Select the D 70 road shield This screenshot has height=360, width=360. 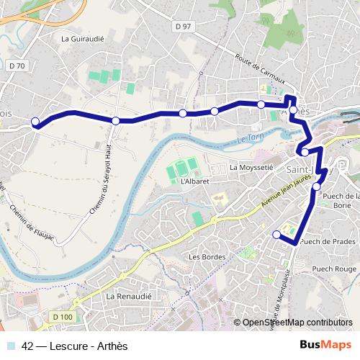[x=17, y=66]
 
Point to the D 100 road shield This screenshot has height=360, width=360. [x=63, y=316]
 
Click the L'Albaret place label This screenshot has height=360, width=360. [x=195, y=181]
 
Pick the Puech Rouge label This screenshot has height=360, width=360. [x=334, y=268]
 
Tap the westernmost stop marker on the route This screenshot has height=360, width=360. [x=36, y=122]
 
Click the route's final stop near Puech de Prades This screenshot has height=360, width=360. [x=276, y=233]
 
